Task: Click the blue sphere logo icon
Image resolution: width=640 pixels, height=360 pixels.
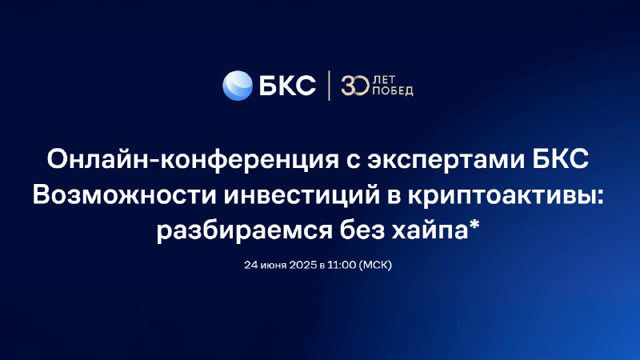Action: point(237,86)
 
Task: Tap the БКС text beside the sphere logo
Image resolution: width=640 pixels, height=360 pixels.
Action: point(287,86)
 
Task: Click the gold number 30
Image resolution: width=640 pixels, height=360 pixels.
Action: point(355,86)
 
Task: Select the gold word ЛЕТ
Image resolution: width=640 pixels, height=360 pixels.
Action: point(384,80)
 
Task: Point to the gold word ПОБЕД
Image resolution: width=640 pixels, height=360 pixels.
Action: point(393,91)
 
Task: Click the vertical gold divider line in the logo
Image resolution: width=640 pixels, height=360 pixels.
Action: point(329,86)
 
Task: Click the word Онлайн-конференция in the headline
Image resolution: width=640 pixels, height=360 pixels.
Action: point(193,159)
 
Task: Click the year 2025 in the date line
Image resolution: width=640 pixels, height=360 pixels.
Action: point(303,265)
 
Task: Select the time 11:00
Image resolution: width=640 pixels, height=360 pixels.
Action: point(342,265)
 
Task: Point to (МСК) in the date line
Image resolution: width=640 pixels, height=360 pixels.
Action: point(375,265)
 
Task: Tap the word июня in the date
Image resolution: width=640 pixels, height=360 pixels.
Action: point(274,266)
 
